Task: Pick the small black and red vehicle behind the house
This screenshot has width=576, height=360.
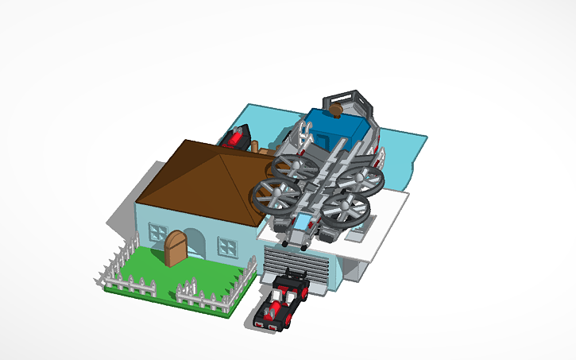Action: pos(236,139)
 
